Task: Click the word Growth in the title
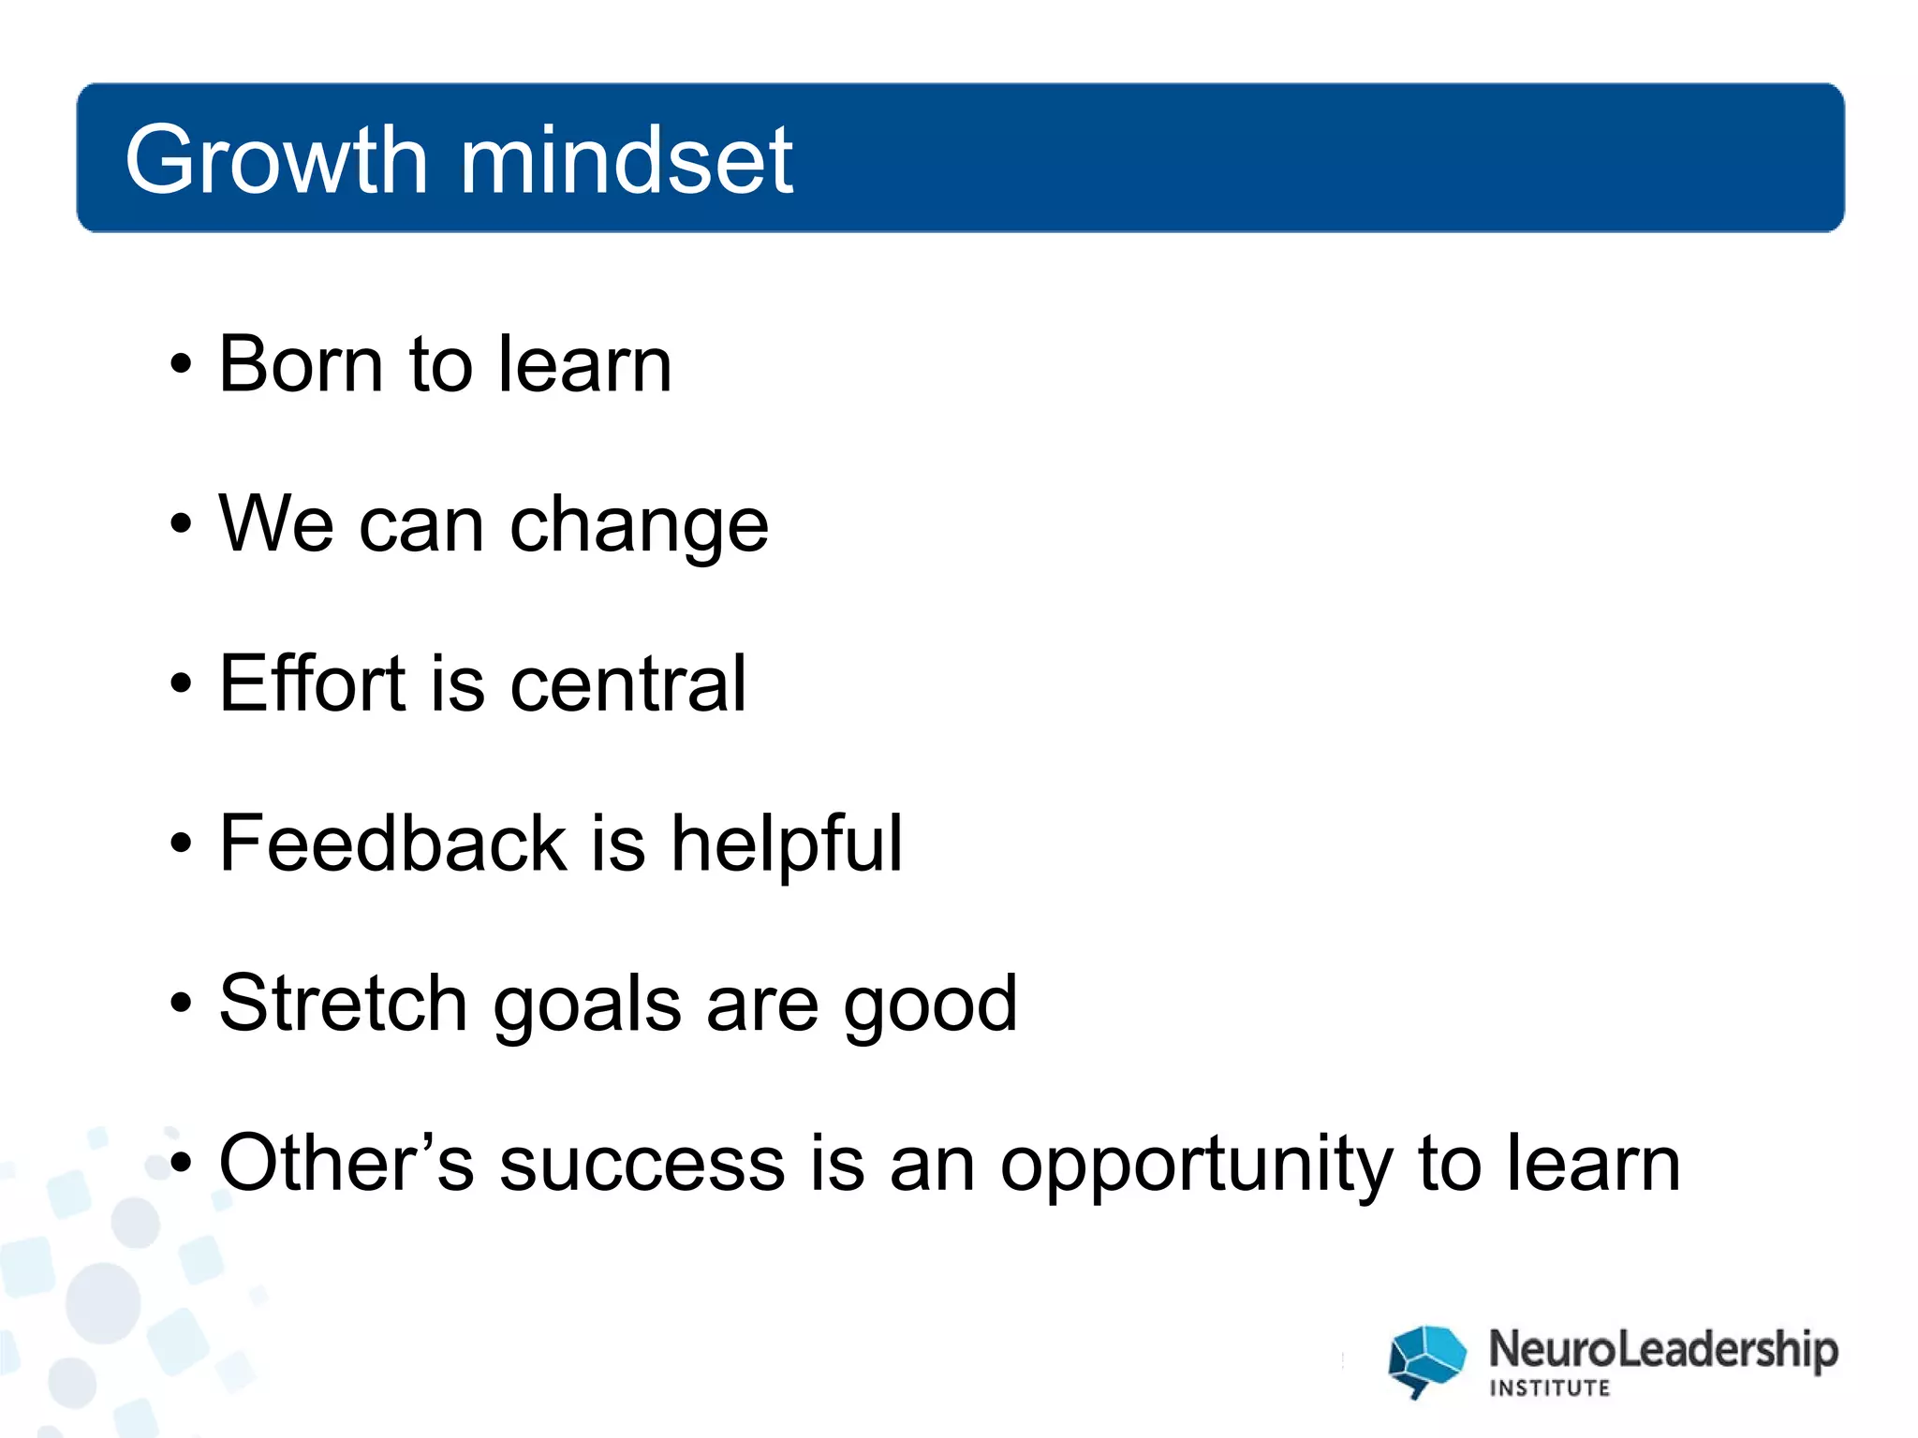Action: pos(277,161)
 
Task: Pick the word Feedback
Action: pos(392,843)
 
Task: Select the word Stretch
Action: pos(343,1003)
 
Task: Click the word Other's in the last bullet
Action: pos(346,1163)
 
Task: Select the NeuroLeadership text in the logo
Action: pos(1663,1350)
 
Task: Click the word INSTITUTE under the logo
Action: pos(1550,1388)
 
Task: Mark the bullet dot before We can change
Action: pos(182,524)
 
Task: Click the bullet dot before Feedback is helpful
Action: pos(182,844)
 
